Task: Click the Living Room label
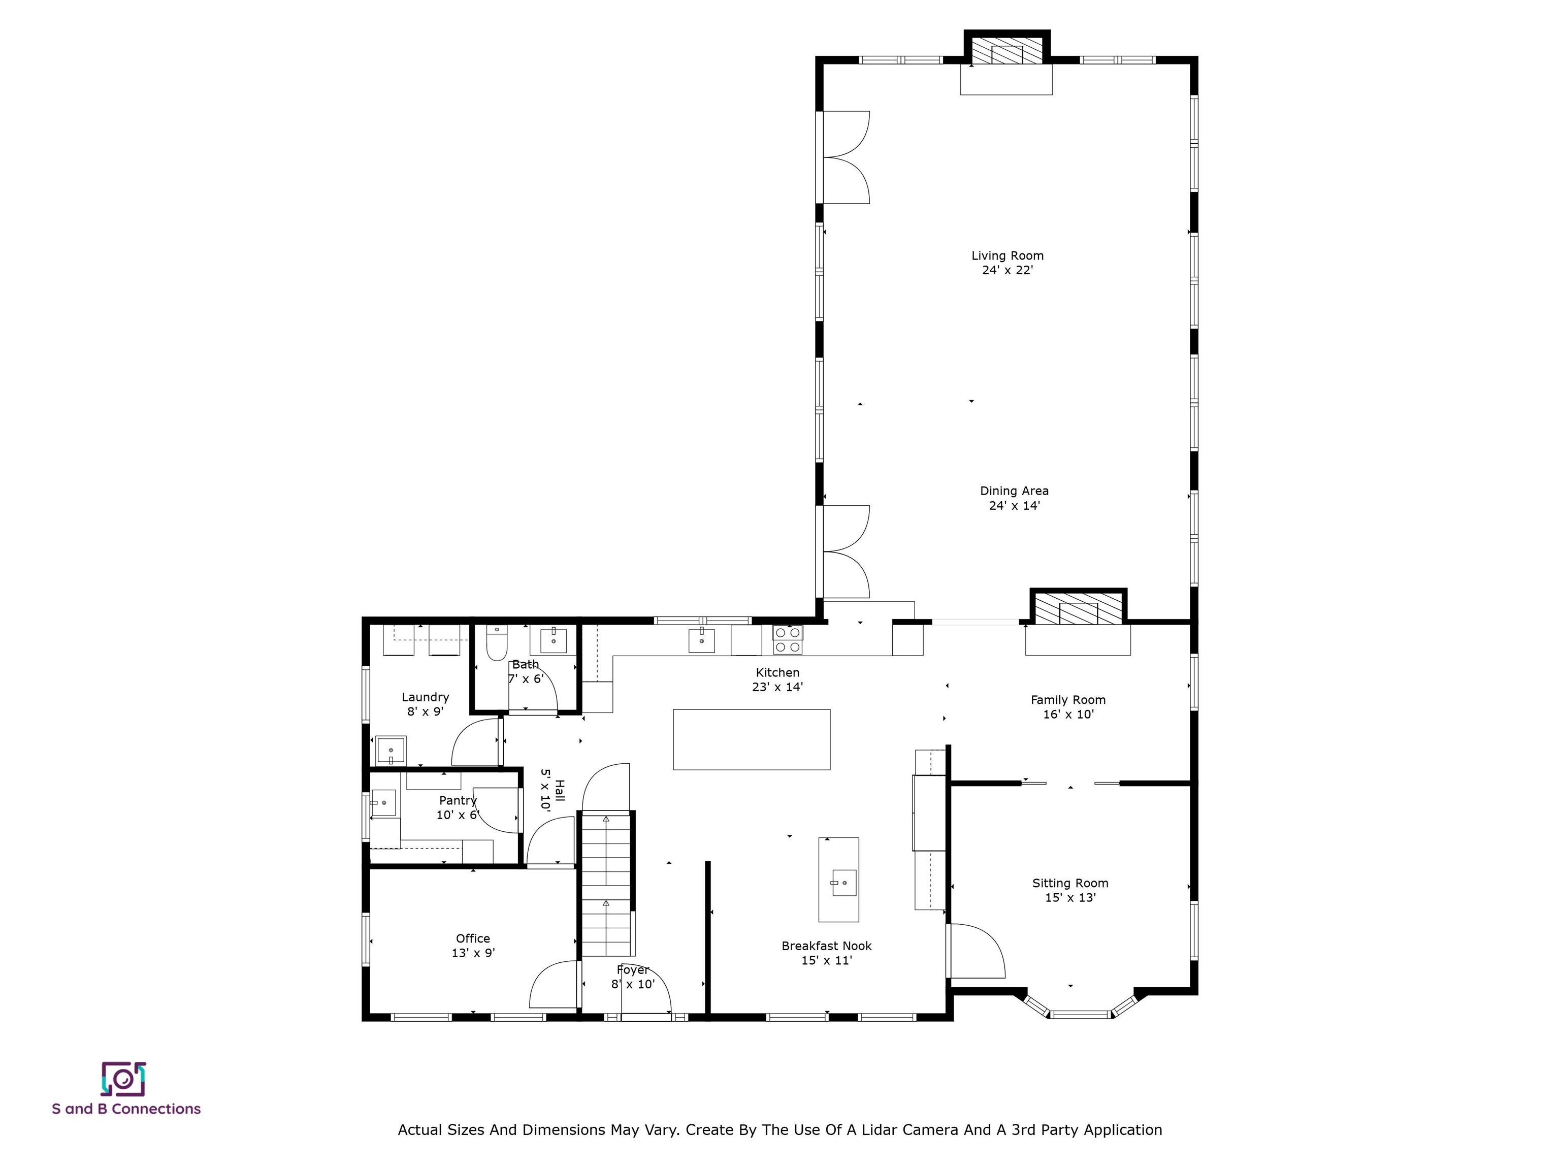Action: pos(1007,256)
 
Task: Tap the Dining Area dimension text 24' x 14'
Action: pos(1014,506)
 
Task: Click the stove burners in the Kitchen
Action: pos(787,640)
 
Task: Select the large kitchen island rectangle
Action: pos(751,739)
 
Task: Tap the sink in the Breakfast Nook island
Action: pos(843,882)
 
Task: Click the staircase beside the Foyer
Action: pos(606,885)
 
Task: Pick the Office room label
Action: pos(472,938)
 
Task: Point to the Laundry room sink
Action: pos(391,751)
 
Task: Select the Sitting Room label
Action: pos(1070,883)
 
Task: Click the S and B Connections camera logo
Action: pos(123,1079)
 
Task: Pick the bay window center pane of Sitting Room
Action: pos(1079,1014)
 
